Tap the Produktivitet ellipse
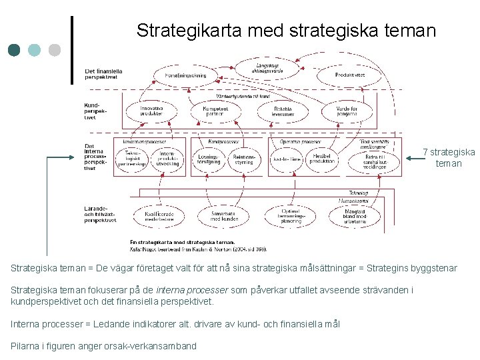(x=349, y=75)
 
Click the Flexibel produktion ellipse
(x=321, y=159)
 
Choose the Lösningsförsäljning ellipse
(x=209, y=159)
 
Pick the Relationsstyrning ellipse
(x=243, y=159)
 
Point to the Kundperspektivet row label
(x=94, y=111)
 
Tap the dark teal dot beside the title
(x=15, y=50)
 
